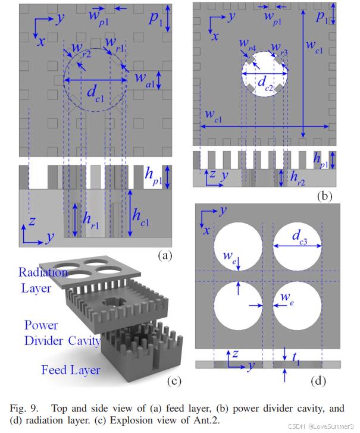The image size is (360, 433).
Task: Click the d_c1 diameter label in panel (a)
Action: pyautogui.click(x=95, y=92)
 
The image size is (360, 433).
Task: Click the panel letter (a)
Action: pyautogui.click(x=163, y=256)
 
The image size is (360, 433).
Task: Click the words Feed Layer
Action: pyautogui.click(x=70, y=371)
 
